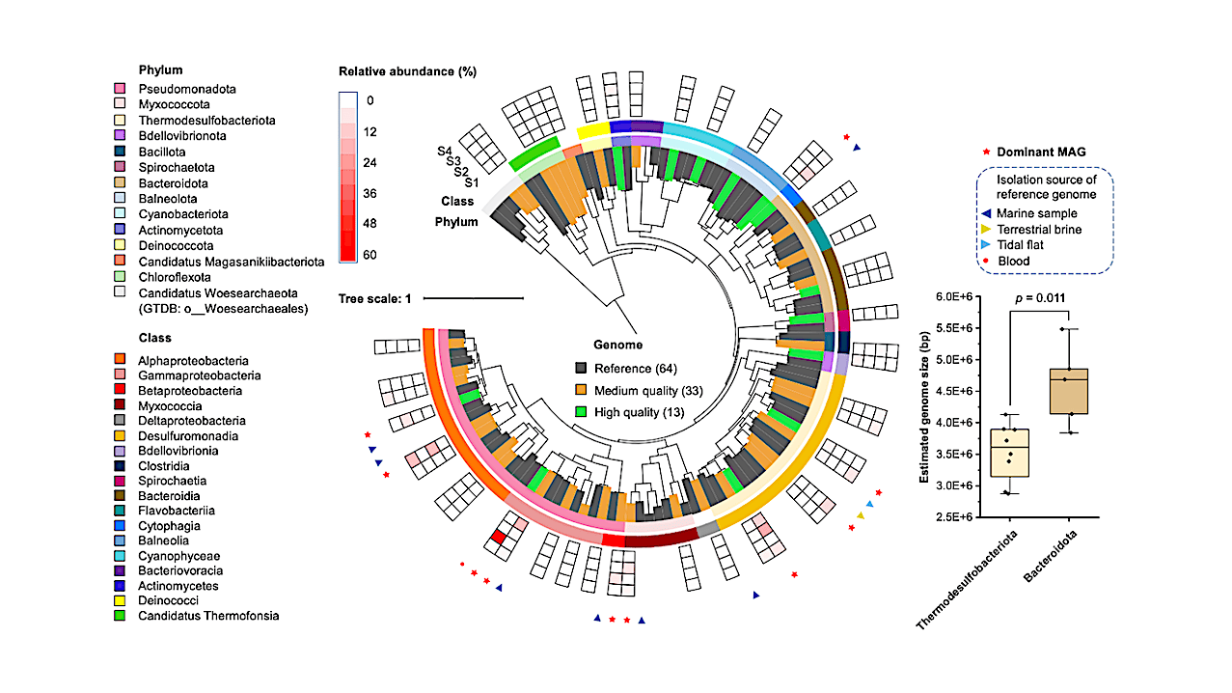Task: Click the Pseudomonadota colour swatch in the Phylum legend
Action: (x=120, y=89)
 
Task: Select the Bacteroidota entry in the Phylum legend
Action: (x=174, y=183)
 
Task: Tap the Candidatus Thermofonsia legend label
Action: (x=208, y=616)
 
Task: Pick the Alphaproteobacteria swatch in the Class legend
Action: (x=120, y=359)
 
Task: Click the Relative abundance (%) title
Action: (x=407, y=71)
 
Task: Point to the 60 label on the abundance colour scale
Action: (x=370, y=255)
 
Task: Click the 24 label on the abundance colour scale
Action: (x=370, y=162)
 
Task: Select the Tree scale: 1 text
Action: (x=374, y=299)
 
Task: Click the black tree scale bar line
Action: (x=474, y=298)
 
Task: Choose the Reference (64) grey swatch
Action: (x=581, y=368)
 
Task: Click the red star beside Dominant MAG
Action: (x=987, y=152)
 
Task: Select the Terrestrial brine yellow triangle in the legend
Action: (x=986, y=229)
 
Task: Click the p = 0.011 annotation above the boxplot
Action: (x=1040, y=298)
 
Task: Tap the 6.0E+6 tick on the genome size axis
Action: (x=954, y=296)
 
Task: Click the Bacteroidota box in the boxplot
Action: (x=1069, y=391)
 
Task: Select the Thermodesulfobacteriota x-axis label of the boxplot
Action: (x=967, y=580)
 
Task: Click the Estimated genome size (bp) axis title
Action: (x=924, y=407)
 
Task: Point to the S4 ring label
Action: (x=445, y=151)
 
